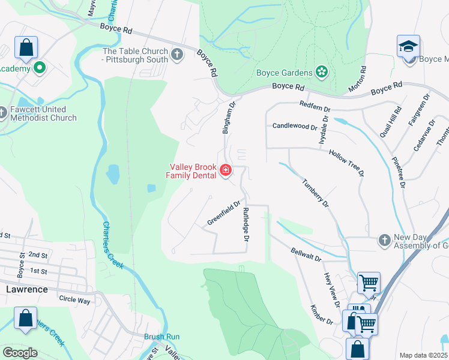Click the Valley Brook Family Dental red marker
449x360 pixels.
[x=226, y=171]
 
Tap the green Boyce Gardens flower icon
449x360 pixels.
[x=322, y=73]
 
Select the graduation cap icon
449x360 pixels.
[x=408, y=46]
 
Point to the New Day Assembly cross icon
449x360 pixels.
[x=385, y=241]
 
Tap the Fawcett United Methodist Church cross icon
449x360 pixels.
[x=3, y=112]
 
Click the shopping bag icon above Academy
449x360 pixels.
[x=26, y=48]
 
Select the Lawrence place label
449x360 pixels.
[x=26, y=289]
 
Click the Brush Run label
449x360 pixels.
[x=161, y=337]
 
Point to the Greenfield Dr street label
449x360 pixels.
[x=223, y=213]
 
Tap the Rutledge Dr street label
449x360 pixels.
[x=246, y=224]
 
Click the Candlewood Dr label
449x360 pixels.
[x=294, y=127]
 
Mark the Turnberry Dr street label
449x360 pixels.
[x=315, y=193]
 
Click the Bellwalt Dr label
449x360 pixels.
[x=306, y=254]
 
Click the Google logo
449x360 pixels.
[x=20, y=353]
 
